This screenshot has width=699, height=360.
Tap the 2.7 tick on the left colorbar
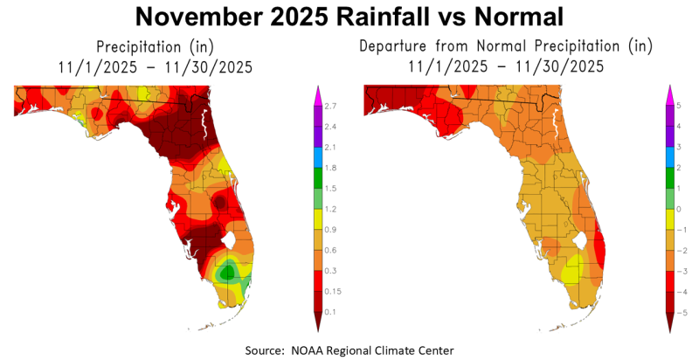(x=330, y=106)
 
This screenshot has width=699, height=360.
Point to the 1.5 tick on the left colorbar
(x=330, y=189)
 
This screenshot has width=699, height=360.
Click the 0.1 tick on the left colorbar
(x=330, y=312)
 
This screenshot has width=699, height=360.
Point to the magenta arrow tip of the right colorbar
(x=670, y=90)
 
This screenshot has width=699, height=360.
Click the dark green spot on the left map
(x=228, y=273)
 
